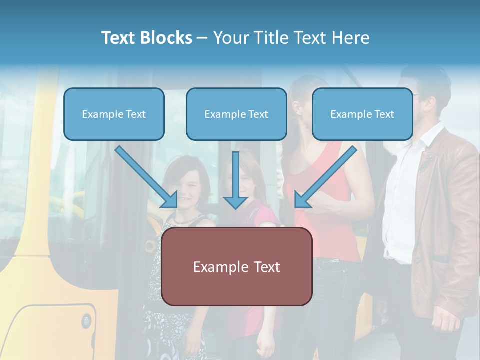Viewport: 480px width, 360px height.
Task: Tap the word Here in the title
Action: coord(350,38)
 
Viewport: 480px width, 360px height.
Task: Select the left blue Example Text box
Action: coord(114,114)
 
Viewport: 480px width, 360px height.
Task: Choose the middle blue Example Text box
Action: coord(236,114)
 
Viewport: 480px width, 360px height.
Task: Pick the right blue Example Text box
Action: coord(362,114)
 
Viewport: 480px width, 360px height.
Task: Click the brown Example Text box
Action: coord(236,266)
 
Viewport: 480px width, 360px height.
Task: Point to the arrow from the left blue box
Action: coord(146,177)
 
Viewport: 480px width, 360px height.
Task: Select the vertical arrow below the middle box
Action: coord(235,180)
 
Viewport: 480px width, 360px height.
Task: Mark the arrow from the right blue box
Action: coord(326,177)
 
